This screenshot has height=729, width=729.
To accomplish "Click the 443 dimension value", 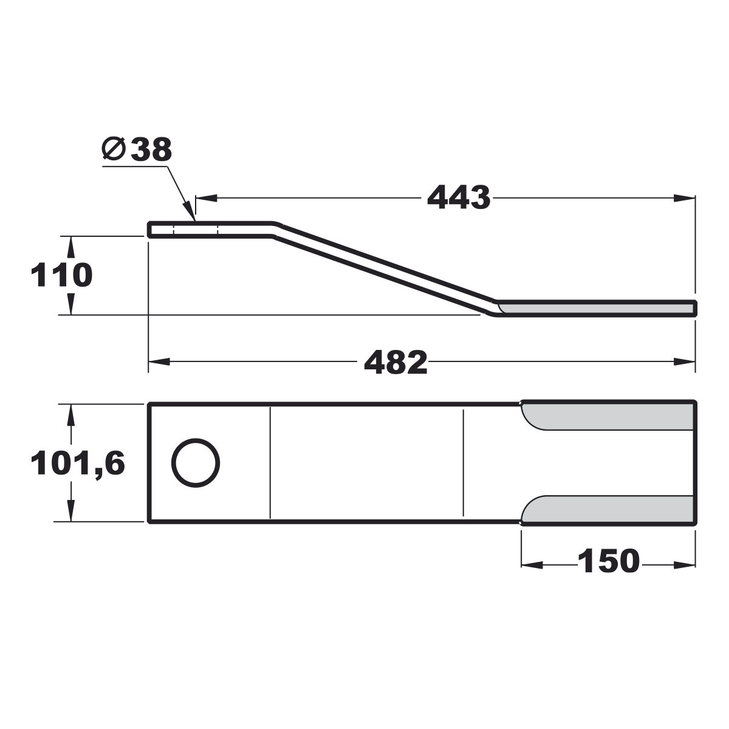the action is [459, 197].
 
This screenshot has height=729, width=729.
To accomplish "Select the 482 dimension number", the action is [395, 362].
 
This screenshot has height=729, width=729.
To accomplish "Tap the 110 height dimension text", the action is [61, 275].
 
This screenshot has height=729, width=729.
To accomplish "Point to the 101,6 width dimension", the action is [78, 464].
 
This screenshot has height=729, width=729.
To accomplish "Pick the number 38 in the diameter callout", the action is [151, 149].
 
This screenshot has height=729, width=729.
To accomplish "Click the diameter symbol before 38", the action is [114, 149].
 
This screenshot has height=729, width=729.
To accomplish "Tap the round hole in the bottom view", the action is [196, 463].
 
